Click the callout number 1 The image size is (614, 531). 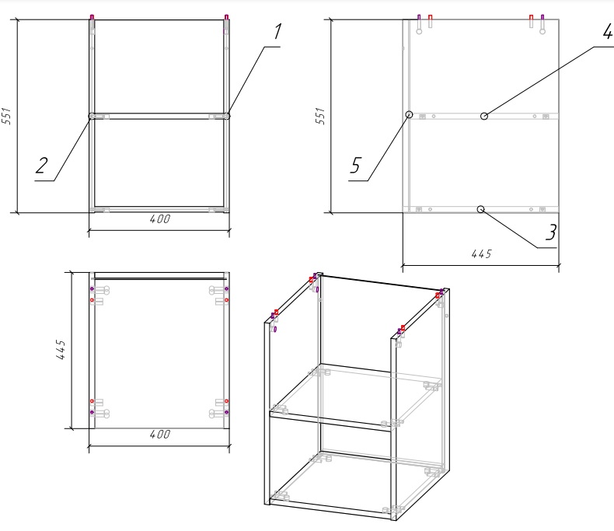click(x=277, y=32)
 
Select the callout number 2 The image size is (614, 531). click(x=41, y=166)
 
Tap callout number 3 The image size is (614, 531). click(x=551, y=232)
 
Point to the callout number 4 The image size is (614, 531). click(x=608, y=31)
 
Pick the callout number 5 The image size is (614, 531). click(x=355, y=166)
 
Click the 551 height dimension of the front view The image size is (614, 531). click(x=7, y=116)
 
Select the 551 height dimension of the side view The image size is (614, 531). click(x=320, y=116)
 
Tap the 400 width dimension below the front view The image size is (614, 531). click(x=160, y=219)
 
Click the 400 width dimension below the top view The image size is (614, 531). click(x=160, y=435)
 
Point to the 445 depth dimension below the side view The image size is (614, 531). click(x=481, y=254)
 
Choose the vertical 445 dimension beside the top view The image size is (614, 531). click(x=61, y=349)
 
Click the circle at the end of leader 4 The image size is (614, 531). click(x=484, y=116)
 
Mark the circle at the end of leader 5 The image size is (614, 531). click(x=409, y=114)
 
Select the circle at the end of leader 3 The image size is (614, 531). click(x=481, y=209)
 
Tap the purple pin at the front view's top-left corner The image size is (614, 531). click(x=92, y=17)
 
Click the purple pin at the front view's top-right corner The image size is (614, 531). click(x=226, y=17)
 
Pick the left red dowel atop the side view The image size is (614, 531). click(x=431, y=18)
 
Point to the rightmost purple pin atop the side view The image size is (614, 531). click(x=542, y=18)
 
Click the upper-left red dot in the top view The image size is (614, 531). click(x=92, y=300)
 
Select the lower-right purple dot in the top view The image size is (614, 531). click(x=226, y=412)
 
